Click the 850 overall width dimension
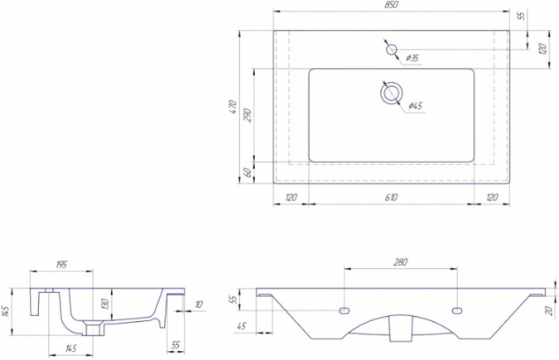point(391,5)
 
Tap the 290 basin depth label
point(248,115)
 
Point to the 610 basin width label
point(391,197)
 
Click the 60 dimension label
point(248,173)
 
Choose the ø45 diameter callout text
point(416,106)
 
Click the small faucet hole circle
point(392,49)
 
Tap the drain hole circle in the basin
point(392,93)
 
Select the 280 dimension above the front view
point(400,262)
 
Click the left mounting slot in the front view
point(345,310)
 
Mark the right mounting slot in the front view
point(456,310)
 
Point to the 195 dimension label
point(61,265)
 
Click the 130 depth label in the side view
point(105,304)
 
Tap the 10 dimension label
point(198,305)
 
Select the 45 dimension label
point(241,326)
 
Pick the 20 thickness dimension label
point(549,310)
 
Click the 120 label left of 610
point(291,197)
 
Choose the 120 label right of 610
point(492,197)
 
